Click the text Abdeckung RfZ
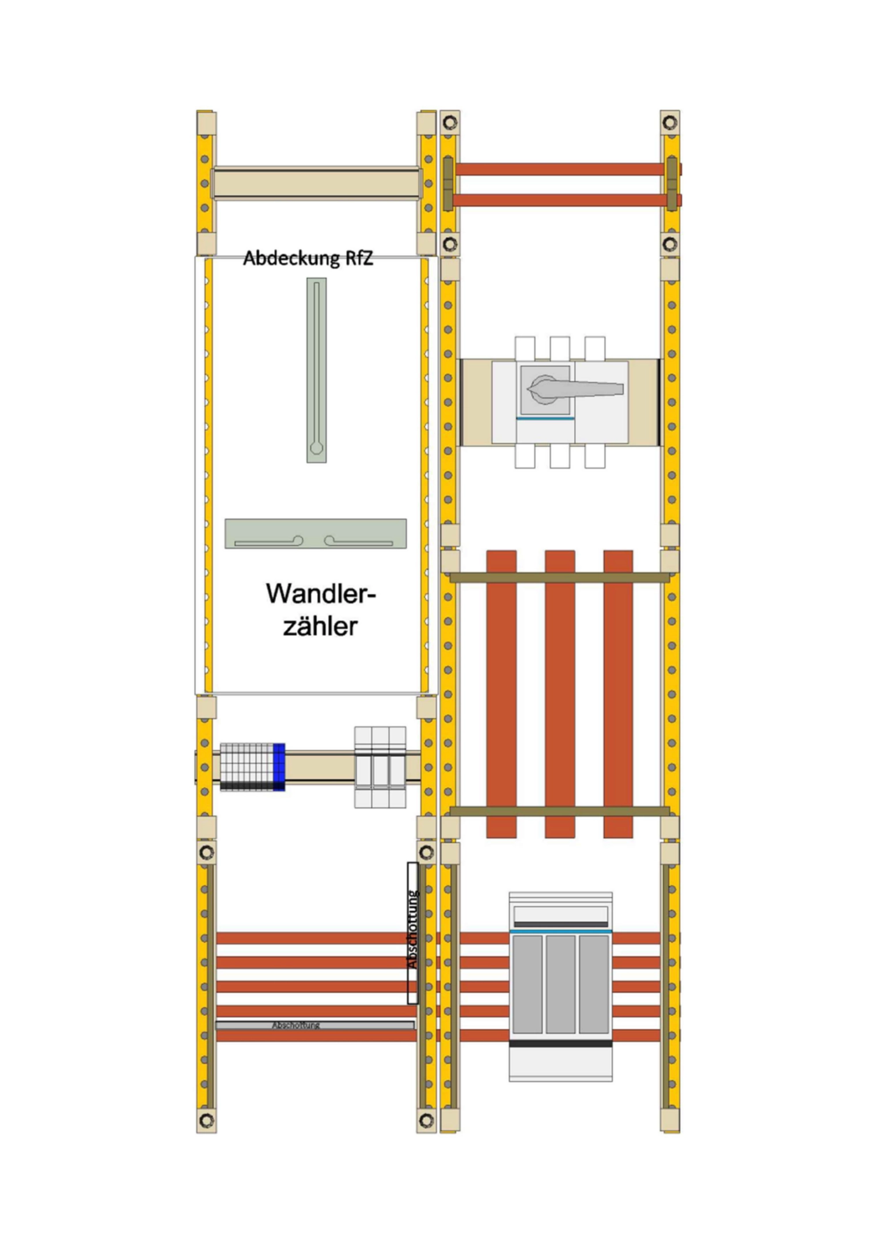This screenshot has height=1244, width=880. click(x=308, y=258)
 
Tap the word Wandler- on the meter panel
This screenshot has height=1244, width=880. click(x=321, y=594)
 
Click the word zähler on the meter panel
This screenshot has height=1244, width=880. click(x=320, y=626)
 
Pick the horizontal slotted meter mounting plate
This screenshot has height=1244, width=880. click(x=316, y=533)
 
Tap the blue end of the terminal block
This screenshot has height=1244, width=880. click(x=279, y=767)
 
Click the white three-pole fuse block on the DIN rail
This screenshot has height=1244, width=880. click(x=380, y=767)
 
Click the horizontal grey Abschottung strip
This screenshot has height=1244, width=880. click(x=315, y=1025)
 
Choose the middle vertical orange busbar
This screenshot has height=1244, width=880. click(x=560, y=693)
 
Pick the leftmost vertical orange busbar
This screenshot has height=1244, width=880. click(x=501, y=693)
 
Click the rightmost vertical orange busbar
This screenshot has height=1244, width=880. click(x=618, y=693)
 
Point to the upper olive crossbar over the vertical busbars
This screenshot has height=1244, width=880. click(x=559, y=577)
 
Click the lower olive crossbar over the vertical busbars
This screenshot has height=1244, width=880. click(x=559, y=811)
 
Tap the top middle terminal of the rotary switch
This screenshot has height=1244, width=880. click(x=560, y=348)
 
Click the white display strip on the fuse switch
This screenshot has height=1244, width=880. click(x=560, y=914)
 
